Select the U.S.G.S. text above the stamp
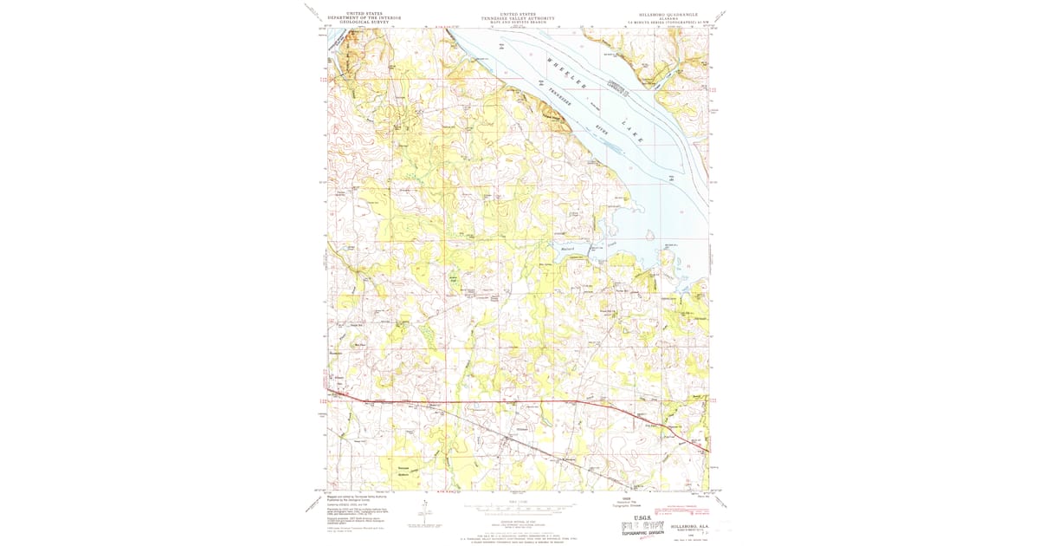pos(647,516)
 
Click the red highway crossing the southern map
pos(519,401)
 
